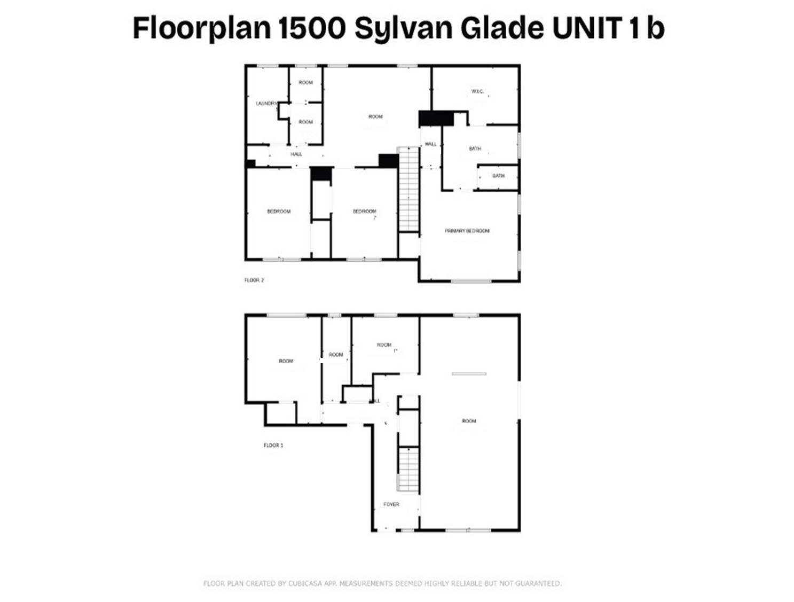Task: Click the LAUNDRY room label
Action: [x=265, y=103]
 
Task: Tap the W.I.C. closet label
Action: [x=477, y=92]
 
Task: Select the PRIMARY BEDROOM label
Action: [x=467, y=231]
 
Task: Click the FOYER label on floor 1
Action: [x=391, y=504]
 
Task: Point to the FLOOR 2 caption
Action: [x=254, y=280]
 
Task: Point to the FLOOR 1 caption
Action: [x=273, y=445]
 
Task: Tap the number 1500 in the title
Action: [x=312, y=28]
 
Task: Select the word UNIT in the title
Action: [x=587, y=28]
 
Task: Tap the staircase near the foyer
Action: [x=408, y=469]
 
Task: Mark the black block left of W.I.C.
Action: [x=436, y=118]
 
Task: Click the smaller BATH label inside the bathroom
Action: [x=498, y=176]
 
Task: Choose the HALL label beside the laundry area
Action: [x=296, y=154]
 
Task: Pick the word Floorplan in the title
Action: [x=201, y=28]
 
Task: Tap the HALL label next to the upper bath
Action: [x=430, y=144]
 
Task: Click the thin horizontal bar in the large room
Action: [x=469, y=374]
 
